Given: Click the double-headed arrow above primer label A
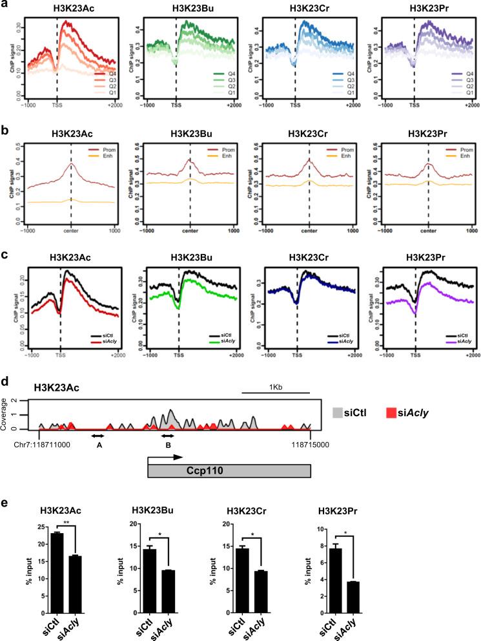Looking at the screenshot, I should (98, 436).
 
